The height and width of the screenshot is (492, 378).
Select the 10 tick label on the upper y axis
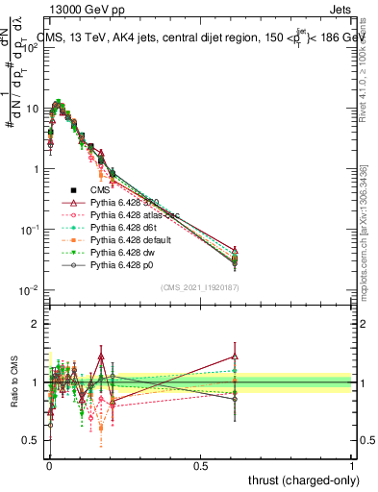(31, 109)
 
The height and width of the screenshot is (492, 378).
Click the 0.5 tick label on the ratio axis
(31, 440)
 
